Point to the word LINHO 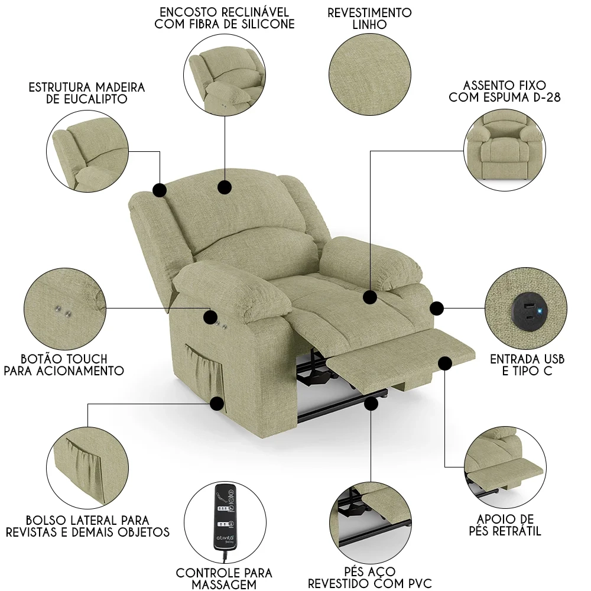tap(369, 25)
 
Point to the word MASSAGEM tap(224, 584)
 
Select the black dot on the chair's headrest tap(224, 187)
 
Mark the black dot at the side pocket tap(217, 404)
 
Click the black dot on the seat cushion tap(371, 297)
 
